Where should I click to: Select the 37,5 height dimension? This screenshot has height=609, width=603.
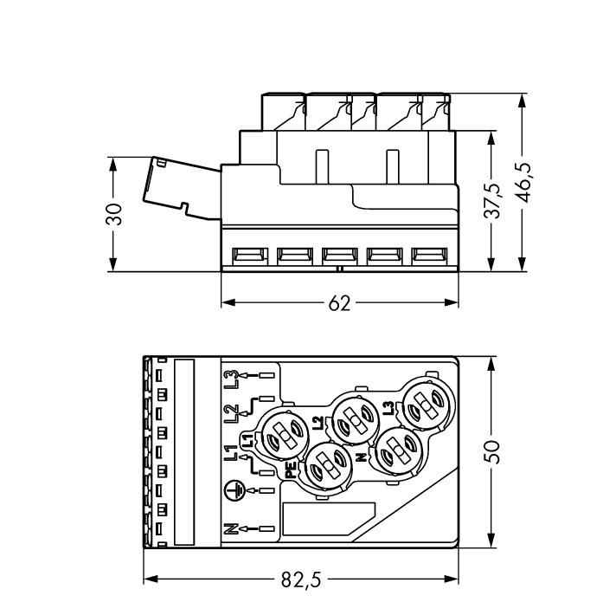491,201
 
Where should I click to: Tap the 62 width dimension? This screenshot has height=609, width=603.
339,303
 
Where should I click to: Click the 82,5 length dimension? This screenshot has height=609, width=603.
300,580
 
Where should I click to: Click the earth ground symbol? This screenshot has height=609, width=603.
231,489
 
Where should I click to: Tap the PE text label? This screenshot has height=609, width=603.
291,470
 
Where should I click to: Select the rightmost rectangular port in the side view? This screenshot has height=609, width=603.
427,256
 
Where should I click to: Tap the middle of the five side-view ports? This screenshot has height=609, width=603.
338,256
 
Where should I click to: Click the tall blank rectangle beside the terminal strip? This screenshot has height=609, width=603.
184,451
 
